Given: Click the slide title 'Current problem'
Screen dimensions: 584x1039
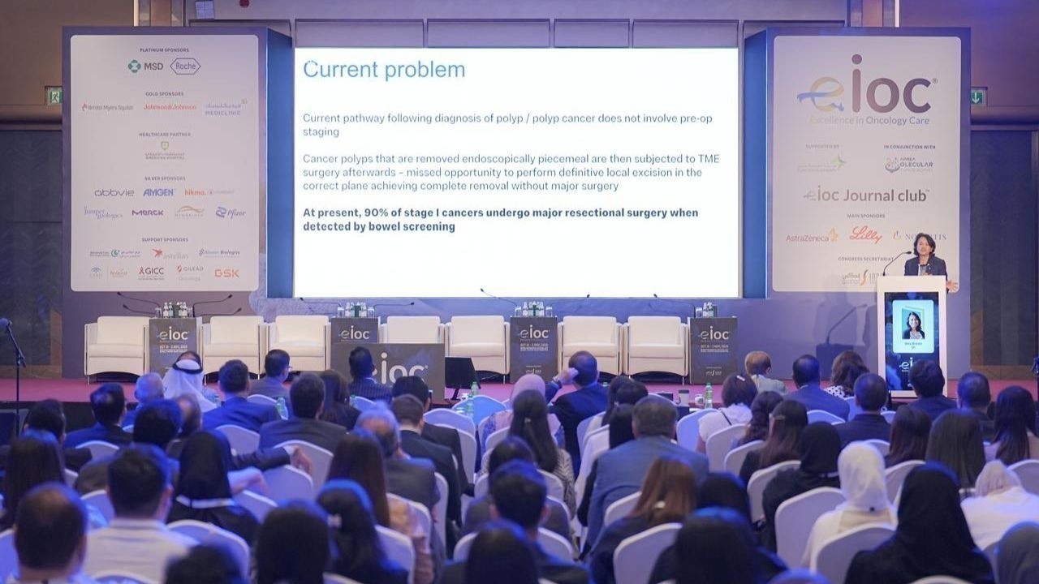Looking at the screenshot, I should click(x=384, y=70).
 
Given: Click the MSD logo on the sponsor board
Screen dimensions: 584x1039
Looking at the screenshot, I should click(x=145, y=67).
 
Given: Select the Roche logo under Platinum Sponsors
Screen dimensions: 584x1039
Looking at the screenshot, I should click(x=185, y=67).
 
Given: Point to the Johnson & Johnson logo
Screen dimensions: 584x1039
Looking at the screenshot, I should click(x=170, y=107).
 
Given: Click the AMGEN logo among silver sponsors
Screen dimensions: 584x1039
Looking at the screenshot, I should click(x=159, y=192).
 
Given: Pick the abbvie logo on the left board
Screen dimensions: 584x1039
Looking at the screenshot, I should click(x=114, y=192).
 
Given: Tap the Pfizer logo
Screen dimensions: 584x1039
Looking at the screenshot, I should click(x=231, y=213).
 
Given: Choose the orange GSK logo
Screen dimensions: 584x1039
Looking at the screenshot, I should click(x=226, y=273).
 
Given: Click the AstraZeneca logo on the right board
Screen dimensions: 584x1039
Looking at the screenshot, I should click(x=812, y=237).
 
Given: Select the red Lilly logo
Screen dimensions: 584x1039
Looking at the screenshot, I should click(x=865, y=235).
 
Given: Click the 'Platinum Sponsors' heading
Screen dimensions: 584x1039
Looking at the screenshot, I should click(x=164, y=50).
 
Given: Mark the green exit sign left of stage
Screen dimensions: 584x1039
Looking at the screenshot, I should click(x=54, y=95).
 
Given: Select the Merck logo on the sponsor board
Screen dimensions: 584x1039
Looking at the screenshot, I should click(x=148, y=213).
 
